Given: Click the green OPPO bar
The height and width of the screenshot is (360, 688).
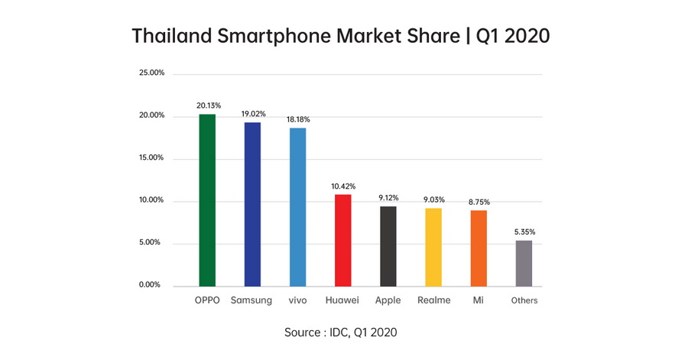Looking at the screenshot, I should (207, 200).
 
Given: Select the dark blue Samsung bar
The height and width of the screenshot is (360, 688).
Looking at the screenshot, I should (252, 204).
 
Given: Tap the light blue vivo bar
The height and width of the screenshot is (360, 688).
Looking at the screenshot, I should (297, 206).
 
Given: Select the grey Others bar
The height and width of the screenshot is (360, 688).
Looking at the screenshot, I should (524, 263).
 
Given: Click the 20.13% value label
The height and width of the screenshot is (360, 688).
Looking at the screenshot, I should (207, 105).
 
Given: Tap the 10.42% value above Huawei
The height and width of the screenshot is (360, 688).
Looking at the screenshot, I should (342, 186).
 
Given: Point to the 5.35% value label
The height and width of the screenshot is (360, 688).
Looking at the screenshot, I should (524, 232).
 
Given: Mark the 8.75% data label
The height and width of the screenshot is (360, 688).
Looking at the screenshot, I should (479, 202).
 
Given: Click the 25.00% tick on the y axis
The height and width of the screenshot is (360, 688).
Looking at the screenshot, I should (151, 73).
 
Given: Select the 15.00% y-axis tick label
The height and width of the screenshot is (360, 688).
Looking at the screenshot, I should (151, 158).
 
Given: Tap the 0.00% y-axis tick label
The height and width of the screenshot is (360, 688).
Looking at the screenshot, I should (151, 285).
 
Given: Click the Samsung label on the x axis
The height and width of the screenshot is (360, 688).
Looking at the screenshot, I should (252, 300).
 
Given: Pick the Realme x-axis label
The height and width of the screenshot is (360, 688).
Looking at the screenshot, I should (433, 300).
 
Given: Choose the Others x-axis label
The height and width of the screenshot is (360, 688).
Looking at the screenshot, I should (524, 301).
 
